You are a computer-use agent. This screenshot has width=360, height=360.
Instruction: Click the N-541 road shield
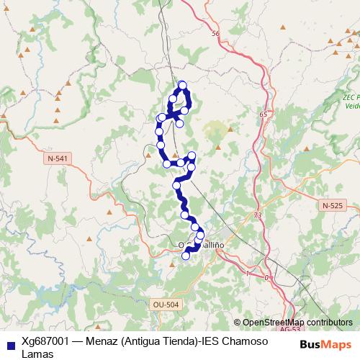(55, 158)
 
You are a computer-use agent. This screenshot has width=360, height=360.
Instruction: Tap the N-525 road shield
(333, 205)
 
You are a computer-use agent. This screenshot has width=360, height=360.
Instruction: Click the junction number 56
(215, 33)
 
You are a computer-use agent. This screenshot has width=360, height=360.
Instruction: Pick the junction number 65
(264, 114)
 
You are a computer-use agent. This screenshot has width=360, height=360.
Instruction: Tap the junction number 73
(258, 215)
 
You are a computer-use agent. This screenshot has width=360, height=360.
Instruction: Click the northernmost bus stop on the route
(182, 85)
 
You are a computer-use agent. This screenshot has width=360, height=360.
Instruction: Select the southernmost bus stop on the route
(186, 256)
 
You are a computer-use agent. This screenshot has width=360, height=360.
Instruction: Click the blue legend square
(9, 342)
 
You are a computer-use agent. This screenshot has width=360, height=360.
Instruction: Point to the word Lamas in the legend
(37, 354)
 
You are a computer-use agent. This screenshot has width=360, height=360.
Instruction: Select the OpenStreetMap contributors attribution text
(297, 322)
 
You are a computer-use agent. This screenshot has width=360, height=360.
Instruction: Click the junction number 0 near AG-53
(266, 277)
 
